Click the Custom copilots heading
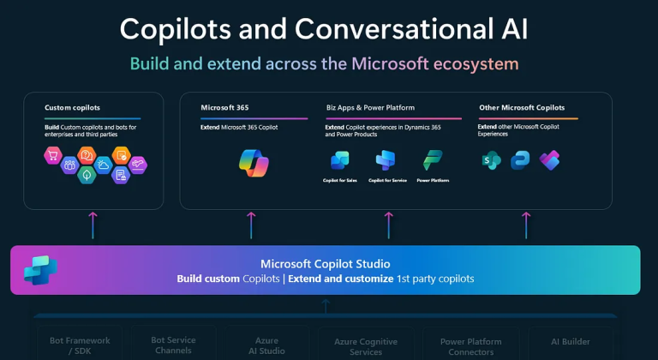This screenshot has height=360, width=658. click(72, 108)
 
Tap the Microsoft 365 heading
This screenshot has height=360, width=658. click(225, 108)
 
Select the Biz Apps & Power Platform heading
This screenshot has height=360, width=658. click(370, 108)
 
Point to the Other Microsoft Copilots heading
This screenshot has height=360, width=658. click(521, 108)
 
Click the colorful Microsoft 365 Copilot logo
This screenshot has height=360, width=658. click(254, 162)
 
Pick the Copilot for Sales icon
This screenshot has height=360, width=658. click(339, 160)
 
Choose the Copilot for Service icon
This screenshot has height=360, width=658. click(386, 160)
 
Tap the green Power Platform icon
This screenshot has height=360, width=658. click(432, 160)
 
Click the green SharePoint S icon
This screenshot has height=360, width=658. click(492, 160)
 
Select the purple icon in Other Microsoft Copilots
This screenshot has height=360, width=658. click(549, 160)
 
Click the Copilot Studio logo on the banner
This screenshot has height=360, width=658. click(41, 270)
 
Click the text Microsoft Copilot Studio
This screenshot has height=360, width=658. click(326, 264)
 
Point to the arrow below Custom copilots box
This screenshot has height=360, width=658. click(93, 225)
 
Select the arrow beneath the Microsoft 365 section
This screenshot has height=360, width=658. click(251, 225)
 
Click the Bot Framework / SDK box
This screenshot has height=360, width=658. click(80, 345)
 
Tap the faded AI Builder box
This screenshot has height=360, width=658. click(571, 342)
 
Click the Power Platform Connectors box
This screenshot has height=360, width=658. click(470, 346)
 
